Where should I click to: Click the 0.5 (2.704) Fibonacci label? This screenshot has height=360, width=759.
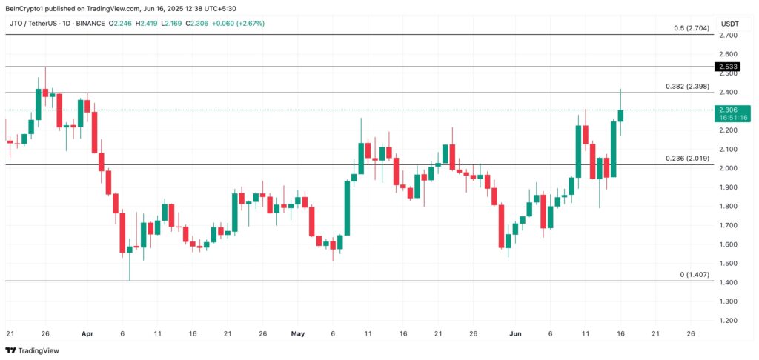pyautogui.click(x=690, y=28)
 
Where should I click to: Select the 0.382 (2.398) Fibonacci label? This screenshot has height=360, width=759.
pyautogui.click(x=686, y=87)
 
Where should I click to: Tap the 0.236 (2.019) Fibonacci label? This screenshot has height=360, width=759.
pyautogui.click(x=686, y=159)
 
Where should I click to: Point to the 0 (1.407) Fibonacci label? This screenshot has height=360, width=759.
pyautogui.click(x=695, y=275)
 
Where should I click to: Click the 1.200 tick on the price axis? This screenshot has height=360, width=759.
pyautogui.click(x=728, y=321)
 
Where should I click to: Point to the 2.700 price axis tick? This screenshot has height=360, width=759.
pyautogui.click(x=728, y=35)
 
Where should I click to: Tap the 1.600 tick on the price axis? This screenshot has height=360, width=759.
pyautogui.click(x=728, y=244)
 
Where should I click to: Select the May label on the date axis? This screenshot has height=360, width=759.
pyautogui.click(x=298, y=334)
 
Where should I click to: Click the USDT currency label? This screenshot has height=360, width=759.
pyautogui.click(x=731, y=23)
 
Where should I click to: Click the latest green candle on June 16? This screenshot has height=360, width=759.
pyautogui.click(x=620, y=116)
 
